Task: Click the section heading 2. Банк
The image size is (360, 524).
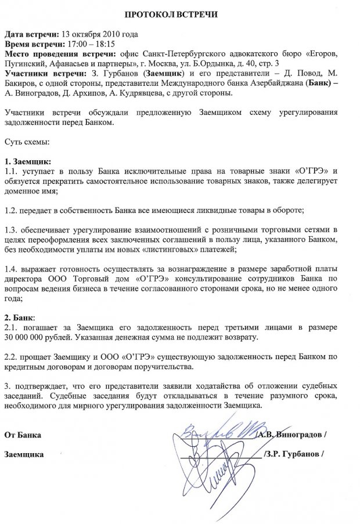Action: coord(19,318)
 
